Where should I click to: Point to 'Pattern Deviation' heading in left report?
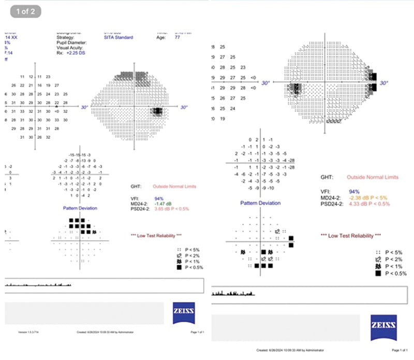(x=80, y=208)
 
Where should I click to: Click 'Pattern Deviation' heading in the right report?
(x=260, y=204)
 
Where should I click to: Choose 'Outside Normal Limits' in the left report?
(x=174, y=186)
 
